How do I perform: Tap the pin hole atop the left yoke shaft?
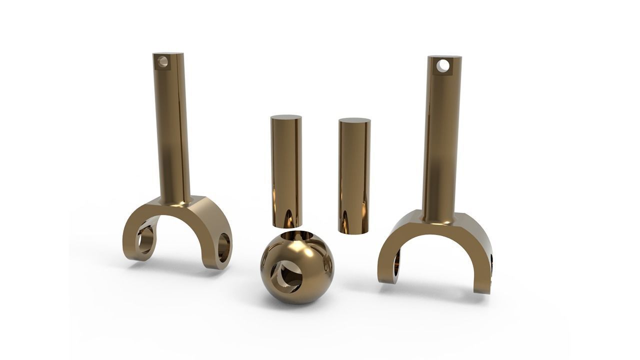162,62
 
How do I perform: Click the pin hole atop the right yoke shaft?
443,65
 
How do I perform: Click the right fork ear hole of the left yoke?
223,248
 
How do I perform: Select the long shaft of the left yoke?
173,130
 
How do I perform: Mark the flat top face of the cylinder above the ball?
286,118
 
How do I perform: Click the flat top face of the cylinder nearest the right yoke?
354,120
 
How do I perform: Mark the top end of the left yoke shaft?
168,54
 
